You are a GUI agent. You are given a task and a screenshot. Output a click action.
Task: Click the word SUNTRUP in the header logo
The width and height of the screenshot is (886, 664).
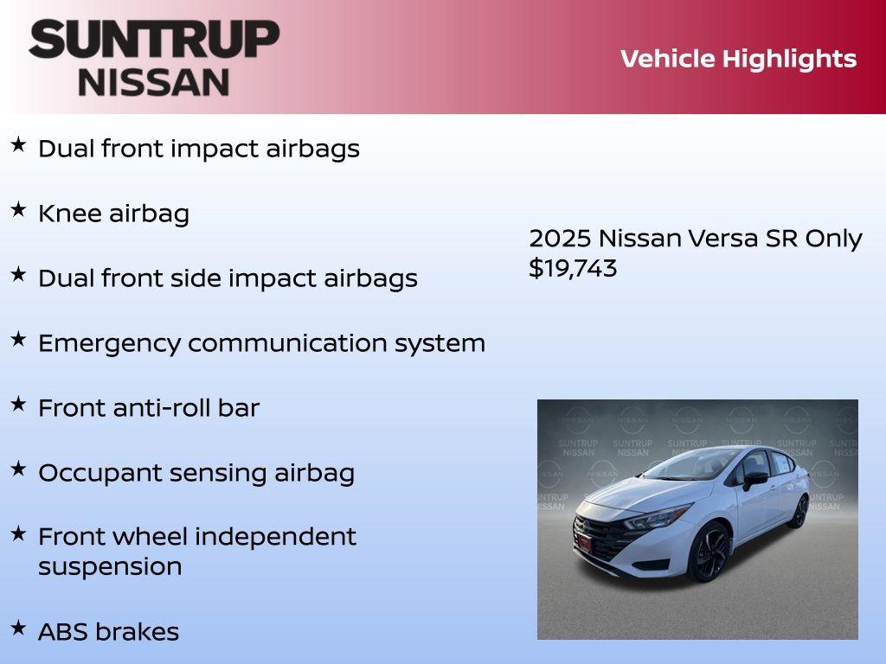(x=154, y=39)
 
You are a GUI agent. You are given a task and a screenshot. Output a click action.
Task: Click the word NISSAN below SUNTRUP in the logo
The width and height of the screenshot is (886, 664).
(x=154, y=82)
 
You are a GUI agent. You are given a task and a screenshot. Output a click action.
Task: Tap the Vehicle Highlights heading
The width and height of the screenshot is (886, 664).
(x=738, y=59)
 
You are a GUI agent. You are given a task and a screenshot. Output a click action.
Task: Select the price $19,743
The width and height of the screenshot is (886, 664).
(x=573, y=268)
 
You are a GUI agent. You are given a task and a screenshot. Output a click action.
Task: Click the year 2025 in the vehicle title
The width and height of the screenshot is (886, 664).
(x=560, y=239)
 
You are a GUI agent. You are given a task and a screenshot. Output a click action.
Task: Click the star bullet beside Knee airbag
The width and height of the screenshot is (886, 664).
(x=18, y=209)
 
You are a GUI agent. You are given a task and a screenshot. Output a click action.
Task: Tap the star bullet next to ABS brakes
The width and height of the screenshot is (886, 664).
(x=18, y=627)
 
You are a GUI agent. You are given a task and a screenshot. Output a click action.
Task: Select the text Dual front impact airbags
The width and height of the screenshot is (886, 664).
(x=198, y=149)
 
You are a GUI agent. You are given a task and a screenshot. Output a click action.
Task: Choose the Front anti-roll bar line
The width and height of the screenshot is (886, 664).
(x=148, y=408)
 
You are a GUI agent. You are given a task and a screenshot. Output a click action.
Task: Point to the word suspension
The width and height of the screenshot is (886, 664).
(x=110, y=566)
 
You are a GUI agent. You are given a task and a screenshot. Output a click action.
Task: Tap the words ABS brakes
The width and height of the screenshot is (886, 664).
(x=108, y=632)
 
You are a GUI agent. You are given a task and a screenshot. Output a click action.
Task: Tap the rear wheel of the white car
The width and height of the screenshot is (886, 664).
(x=799, y=511)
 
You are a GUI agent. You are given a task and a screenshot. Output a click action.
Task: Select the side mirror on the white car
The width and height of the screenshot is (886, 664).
(x=754, y=478)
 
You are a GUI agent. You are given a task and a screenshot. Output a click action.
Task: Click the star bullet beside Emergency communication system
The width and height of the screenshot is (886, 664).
(x=18, y=339)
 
